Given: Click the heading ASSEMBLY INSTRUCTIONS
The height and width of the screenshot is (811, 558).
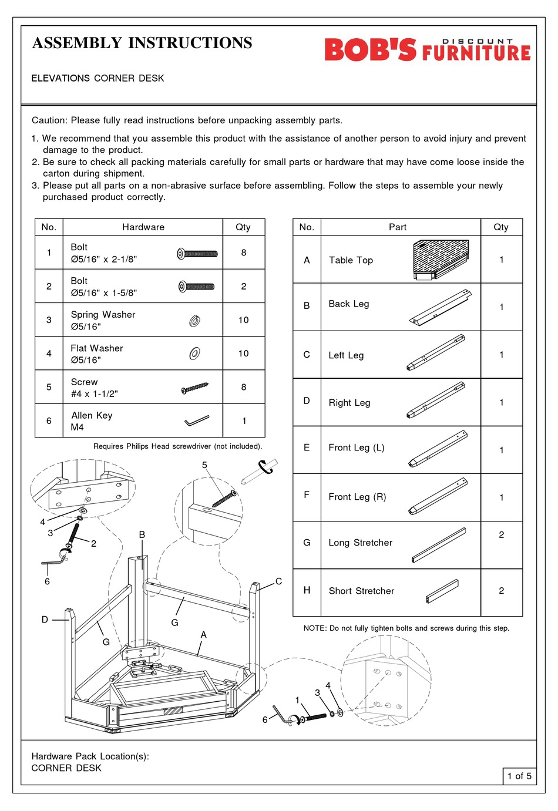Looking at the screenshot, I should pyautogui.click(x=142, y=43).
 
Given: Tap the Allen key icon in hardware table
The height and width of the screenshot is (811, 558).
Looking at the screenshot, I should pyautogui.click(x=197, y=420).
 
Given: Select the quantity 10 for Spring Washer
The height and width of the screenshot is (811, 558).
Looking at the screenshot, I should pyautogui.click(x=243, y=320).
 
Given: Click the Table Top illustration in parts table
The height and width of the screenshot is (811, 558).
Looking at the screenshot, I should pyautogui.click(x=441, y=260).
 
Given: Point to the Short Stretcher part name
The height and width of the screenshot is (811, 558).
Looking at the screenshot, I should pyautogui.click(x=361, y=591).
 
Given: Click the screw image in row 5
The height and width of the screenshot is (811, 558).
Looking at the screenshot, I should pyautogui.click(x=195, y=388).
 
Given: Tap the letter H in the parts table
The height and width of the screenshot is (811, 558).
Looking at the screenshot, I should pyautogui.click(x=307, y=590).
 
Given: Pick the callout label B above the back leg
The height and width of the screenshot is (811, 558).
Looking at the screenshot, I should pyautogui.click(x=142, y=534).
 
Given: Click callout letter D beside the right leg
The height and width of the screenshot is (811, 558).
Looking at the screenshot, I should pyautogui.click(x=45, y=619).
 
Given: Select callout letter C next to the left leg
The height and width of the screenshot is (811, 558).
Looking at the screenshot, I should pyautogui.click(x=278, y=581).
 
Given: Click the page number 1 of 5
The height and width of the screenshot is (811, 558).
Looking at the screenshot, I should pyautogui.click(x=519, y=776).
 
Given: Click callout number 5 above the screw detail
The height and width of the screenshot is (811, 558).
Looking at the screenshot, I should pyautogui.click(x=204, y=465).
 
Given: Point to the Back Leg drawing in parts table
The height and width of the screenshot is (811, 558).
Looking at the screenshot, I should pyautogui.click(x=441, y=307).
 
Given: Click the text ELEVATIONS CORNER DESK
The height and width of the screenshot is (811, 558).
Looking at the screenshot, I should pyautogui.click(x=98, y=78).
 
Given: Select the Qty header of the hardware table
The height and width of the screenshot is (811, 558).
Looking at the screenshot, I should pyautogui.click(x=243, y=227).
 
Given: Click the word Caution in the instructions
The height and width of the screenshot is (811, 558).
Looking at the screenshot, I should pyautogui.click(x=49, y=120).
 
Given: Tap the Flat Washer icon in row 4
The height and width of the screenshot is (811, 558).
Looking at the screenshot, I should pyautogui.click(x=194, y=354).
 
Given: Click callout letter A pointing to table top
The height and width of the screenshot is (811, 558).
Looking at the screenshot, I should pyautogui.click(x=204, y=635).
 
